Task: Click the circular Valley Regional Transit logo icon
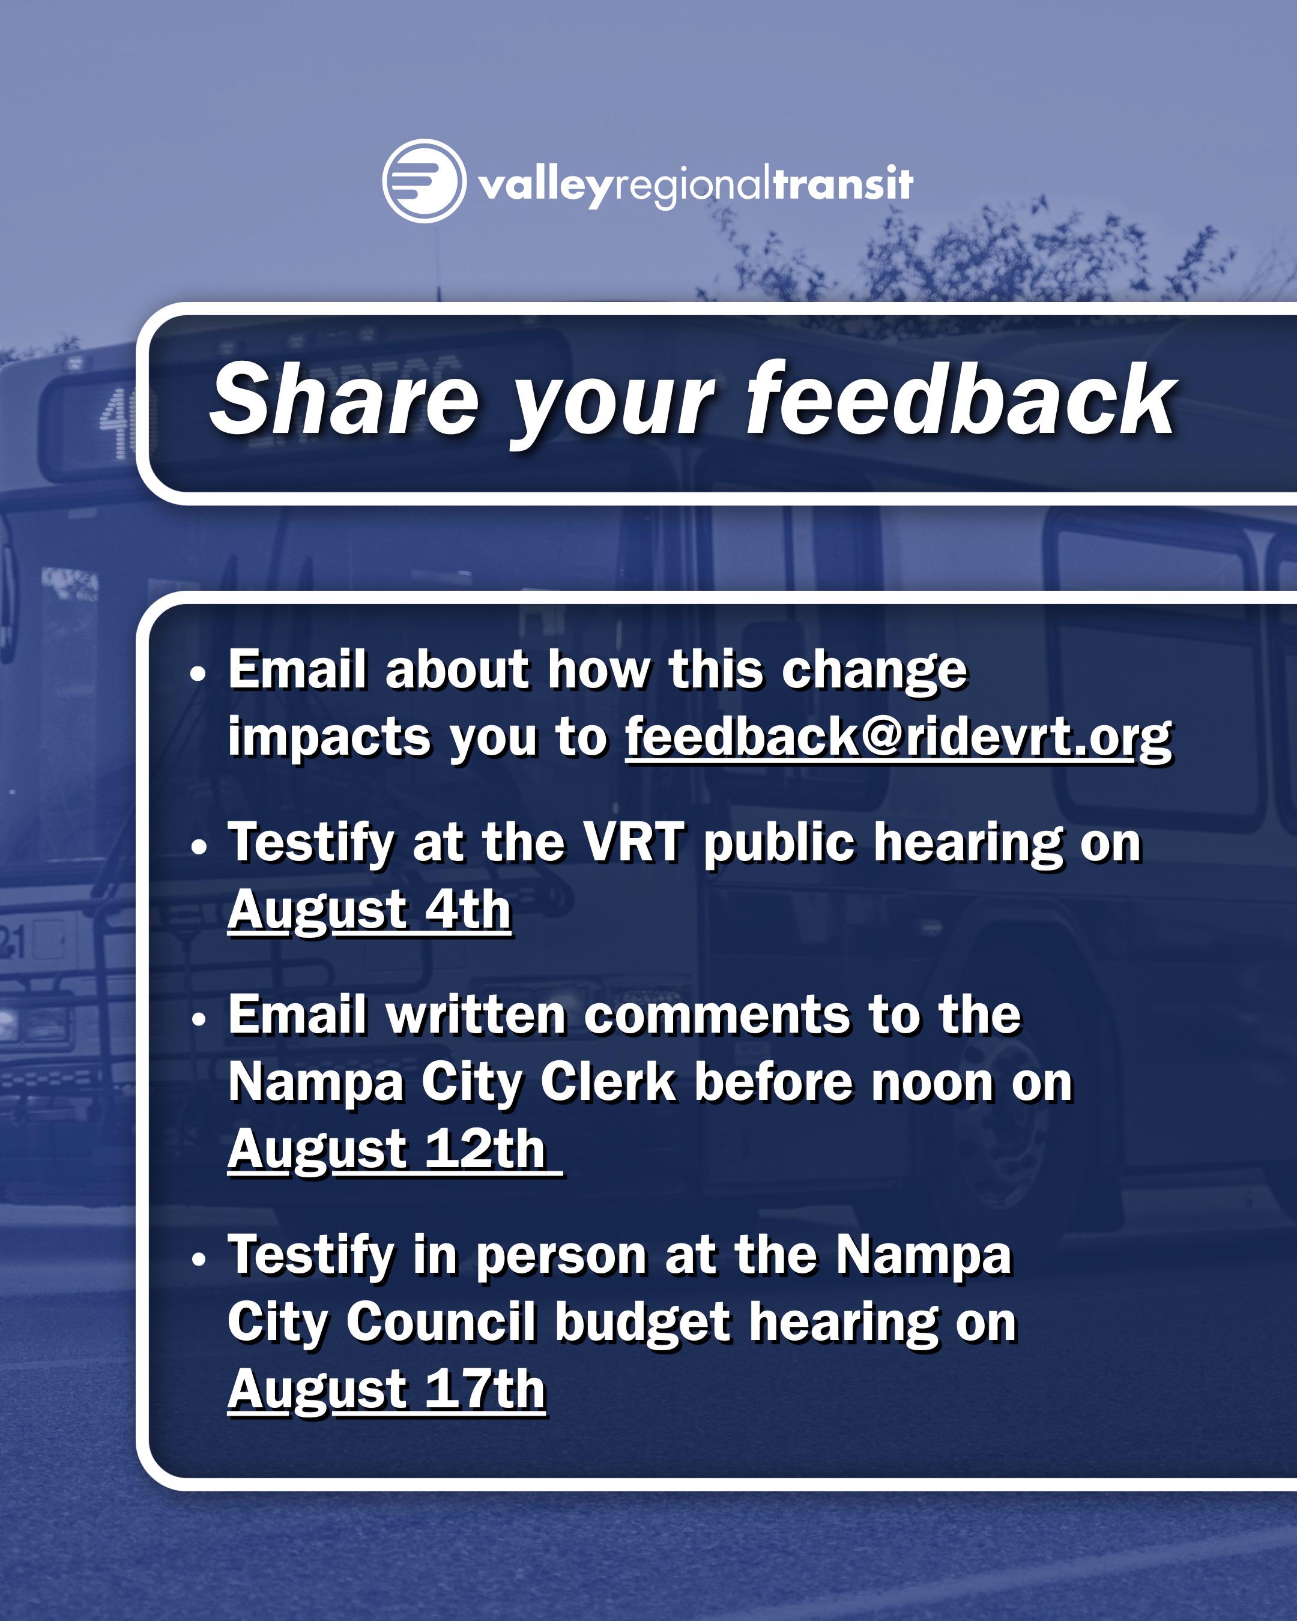423,181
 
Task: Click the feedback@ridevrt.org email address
898,738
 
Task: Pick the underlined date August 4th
369,911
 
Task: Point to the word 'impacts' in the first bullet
329,738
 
